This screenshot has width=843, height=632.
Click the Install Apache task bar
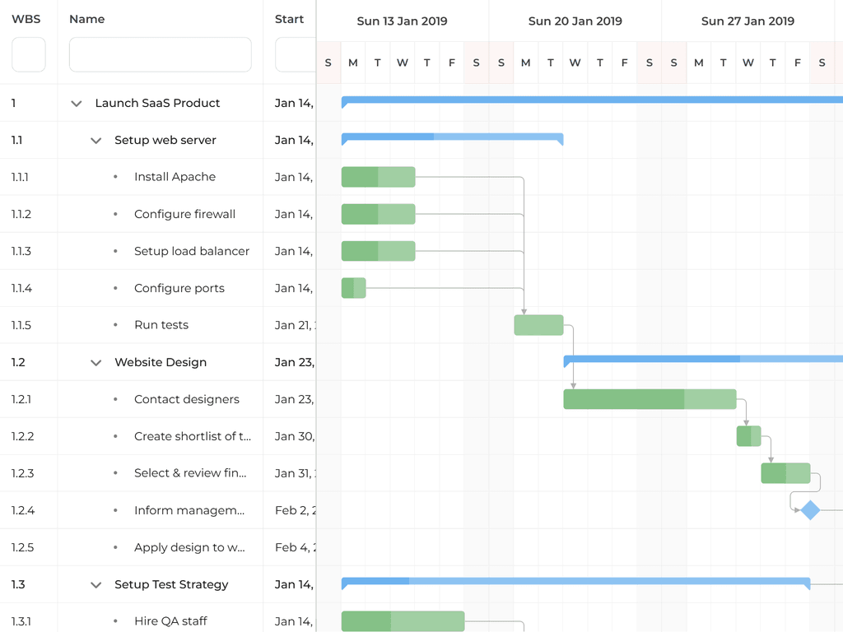[378, 177]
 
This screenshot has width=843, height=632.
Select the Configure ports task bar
[353, 288]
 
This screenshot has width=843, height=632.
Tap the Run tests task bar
[538, 325]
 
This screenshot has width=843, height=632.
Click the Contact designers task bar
[650, 399]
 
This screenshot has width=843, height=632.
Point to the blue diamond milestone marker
[810, 510]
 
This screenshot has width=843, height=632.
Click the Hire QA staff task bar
[403, 621]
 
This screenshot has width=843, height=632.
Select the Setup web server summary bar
[452, 137]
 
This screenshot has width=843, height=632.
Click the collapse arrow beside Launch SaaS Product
[77, 104]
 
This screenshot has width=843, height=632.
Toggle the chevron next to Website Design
[96, 363]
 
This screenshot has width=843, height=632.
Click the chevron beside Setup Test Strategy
[96, 585]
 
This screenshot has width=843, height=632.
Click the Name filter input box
[160, 54]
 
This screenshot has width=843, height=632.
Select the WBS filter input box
[29, 54]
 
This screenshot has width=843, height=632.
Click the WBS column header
[26, 19]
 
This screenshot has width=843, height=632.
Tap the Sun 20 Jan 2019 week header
[575, 21]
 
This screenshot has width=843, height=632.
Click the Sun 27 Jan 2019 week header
[748, 21]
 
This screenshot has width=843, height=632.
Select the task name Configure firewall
[184, 214]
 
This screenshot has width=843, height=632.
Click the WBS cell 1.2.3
[22, 473]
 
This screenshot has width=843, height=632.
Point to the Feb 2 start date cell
[292, 510]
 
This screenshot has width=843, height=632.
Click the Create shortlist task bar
[748, 436]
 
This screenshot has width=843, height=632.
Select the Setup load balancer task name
[191, 251]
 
